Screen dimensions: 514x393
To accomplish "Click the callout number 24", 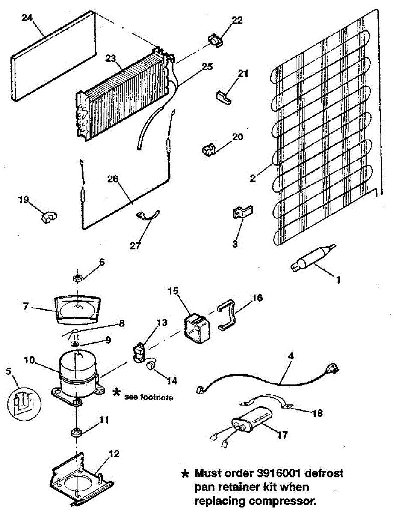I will (26, 18).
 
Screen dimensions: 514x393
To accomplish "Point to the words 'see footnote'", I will (148, 397).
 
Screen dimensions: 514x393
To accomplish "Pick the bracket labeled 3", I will (242, 213).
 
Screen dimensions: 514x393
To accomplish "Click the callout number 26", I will (113, 180).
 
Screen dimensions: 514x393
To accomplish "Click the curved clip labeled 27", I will (148, 215).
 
